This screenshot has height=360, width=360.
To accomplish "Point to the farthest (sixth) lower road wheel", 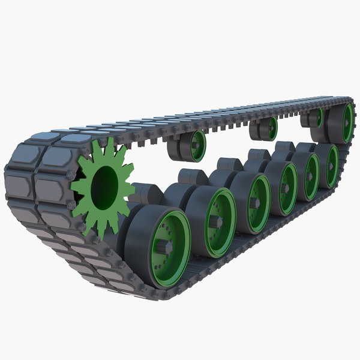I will click(329, 165).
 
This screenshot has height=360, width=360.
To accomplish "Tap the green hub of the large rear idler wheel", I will click(348, 122).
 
